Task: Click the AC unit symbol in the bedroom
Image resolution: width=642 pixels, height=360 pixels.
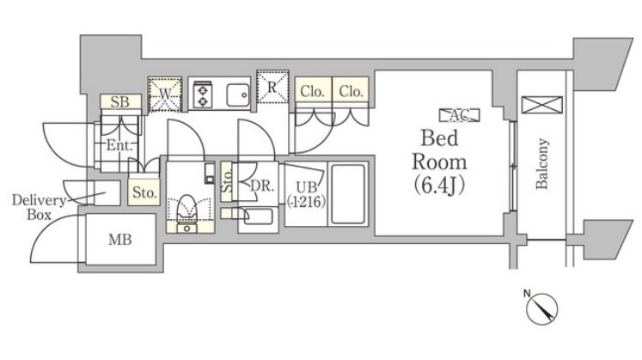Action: coord(460,115)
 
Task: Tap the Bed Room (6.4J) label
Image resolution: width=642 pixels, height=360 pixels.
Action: coord(439,162)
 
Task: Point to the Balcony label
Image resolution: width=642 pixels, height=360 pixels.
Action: coord(541,163)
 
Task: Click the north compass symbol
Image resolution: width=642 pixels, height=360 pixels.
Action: coord(541,308)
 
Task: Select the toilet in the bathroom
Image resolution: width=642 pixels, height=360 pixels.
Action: coord(187,214)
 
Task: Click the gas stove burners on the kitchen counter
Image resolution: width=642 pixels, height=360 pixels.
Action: coord(202,95)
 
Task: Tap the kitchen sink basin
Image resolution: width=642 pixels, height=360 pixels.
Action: coord(238,95)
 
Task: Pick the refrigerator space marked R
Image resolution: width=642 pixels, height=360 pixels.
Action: coord(272,87)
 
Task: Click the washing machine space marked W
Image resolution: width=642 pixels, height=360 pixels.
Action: coord(165,94)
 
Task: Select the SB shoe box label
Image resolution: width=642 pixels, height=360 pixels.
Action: coord(120,102)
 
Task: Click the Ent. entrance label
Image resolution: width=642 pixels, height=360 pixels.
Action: coord(119,145)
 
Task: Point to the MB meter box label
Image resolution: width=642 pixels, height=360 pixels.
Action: coord(120,240)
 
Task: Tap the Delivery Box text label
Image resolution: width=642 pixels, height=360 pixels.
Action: coord(39,207)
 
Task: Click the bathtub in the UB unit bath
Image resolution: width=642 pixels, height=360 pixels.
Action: coord(347,194)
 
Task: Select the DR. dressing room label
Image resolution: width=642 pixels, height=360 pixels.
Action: coord(262,186)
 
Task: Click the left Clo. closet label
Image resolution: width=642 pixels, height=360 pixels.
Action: coord(312,92)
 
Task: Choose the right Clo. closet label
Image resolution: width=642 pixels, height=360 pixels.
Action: coord(351,91)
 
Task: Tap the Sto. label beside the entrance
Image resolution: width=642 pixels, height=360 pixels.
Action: coord(144,192)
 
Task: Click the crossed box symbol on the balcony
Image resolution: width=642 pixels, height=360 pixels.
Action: coord(541,105)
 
